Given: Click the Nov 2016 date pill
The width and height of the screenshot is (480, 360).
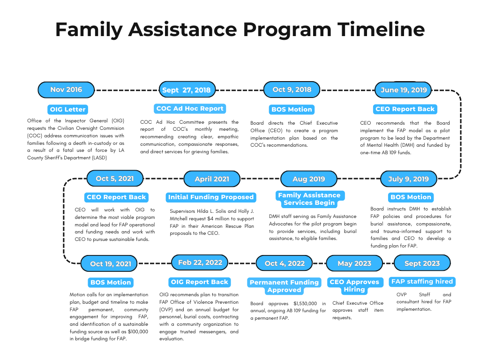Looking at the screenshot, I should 66,90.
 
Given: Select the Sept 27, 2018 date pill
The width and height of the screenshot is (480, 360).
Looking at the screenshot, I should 186,90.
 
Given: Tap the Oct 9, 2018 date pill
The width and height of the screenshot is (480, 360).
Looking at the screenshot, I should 292,90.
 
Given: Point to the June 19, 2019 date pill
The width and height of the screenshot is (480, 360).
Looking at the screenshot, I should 404,90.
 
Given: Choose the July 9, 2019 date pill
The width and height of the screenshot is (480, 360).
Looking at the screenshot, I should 408,179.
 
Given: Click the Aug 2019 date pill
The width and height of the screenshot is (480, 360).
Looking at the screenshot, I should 308,179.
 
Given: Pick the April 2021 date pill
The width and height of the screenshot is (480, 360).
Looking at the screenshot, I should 212,179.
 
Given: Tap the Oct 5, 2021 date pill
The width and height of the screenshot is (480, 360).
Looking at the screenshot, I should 115,179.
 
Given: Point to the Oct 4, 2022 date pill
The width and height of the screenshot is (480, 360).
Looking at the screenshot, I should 285,263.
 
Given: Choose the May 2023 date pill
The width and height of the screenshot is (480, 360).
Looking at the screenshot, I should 354,263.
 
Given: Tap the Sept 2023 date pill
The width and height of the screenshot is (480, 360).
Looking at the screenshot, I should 422,263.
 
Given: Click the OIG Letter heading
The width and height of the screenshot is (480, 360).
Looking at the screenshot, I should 68,109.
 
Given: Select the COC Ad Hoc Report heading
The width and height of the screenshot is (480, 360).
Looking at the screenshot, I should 190,109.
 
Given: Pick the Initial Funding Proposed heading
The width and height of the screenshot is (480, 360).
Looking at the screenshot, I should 211,197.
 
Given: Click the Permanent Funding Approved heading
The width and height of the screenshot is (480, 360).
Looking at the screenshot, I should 284,286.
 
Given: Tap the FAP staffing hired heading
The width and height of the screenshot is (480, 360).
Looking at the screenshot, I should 422,282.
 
